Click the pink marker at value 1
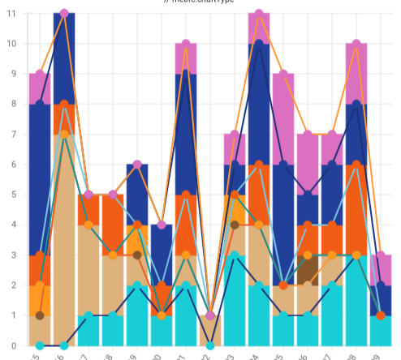[x=210, y=315]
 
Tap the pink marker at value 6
[x=137, y=165]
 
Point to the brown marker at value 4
[x=235, y=225]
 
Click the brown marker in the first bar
[x=40, y=315]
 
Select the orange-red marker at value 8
[x=64, y=105]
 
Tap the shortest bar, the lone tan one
[x=210, y=331]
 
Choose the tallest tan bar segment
[x=64, y=240]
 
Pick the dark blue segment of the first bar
[x=40, y=180]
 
